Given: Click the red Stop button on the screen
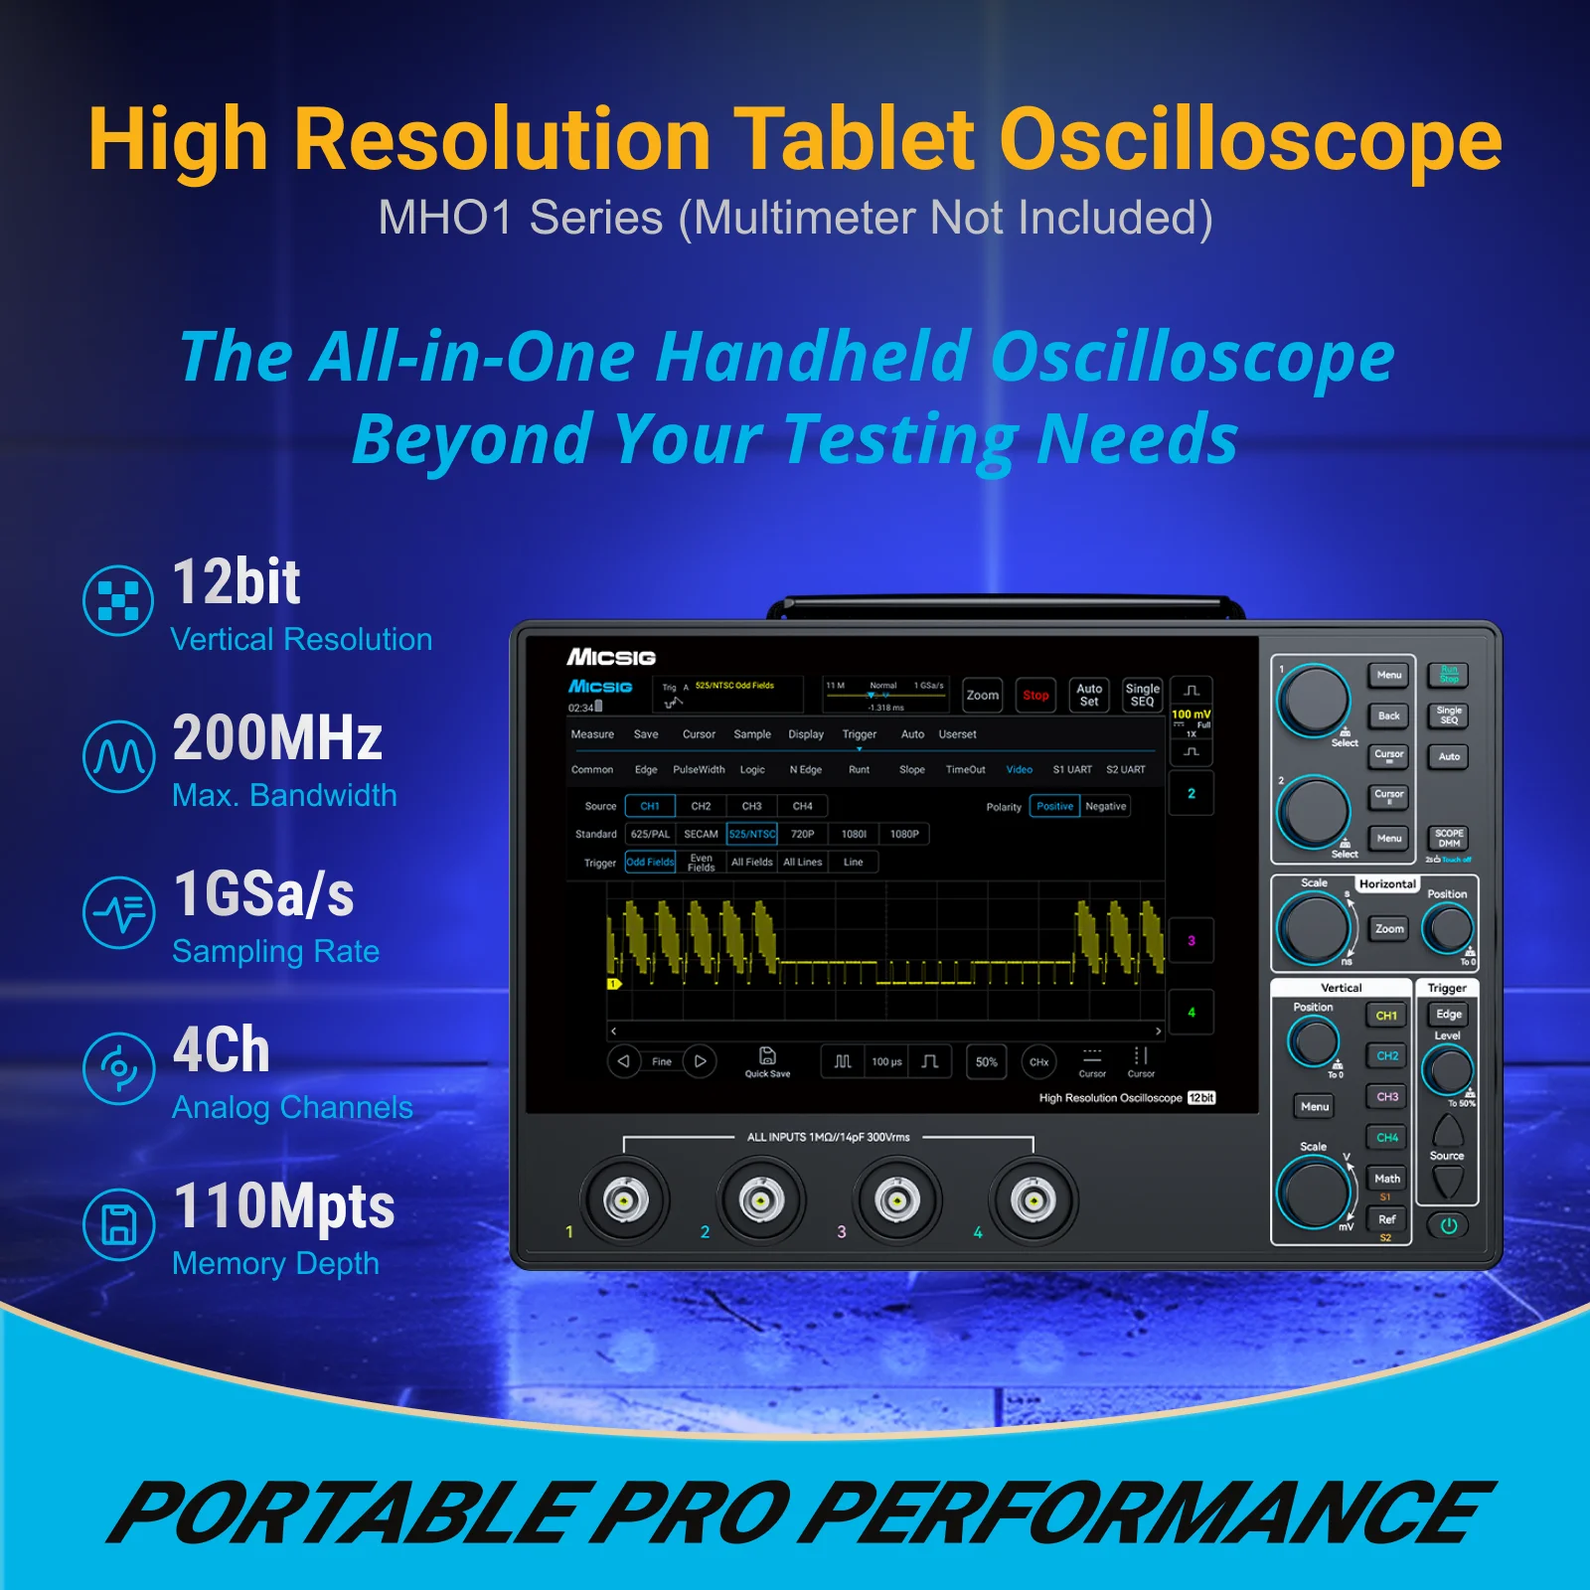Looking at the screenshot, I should pyautogui.click(x=1035, y=696).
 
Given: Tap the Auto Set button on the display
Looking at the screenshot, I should pyautogui.click(x=1089, y=696).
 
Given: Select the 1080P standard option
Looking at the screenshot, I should pyautogui.click(x=904, y=834).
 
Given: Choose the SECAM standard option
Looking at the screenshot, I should pyautogui.click(x=701, y=834).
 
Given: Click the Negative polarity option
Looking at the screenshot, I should pyautogui.click(x=1105, y=806).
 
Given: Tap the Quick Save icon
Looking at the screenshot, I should pyautogui.click(x=767, y=1059).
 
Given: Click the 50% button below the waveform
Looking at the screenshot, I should pyautogui.click(x=986, y=1061).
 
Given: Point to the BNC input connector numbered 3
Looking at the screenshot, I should pyautogui.click(x=896, y=1200).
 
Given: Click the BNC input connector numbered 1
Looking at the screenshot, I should pyautogui.click(x=625, y=1200).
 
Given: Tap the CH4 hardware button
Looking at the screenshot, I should pyautogui.click(x=1387, y=1138).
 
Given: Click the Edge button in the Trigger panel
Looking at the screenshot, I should pyautogui.click(x=1449, y=1015).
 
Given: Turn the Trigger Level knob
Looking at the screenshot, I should pyautogui.click(x=1448, y=1070).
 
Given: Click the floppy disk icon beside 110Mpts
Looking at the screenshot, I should pyautogui.click(x=119, y=1224).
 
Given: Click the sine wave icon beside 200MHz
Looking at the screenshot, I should pyautogui.click(x=119, y=757).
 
